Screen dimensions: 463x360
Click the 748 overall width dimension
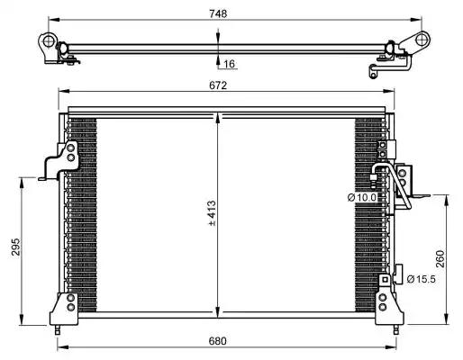click(x=218, y=13)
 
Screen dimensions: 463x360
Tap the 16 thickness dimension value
click(x=229, y=64)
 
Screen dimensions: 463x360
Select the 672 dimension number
click(x=218, y=85)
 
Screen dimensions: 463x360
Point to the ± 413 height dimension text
click(x=212, y=213)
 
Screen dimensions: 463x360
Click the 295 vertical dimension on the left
click(x=15, y=247)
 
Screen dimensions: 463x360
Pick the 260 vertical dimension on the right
click(x=440, y=258)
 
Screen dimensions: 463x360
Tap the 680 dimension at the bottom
click(x=218, y=341)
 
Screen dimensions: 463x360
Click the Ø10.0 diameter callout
click(x=362, y=197)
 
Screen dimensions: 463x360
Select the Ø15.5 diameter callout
click(x=421, y=279)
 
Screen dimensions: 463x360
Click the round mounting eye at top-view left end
click(x=48, y=41)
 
